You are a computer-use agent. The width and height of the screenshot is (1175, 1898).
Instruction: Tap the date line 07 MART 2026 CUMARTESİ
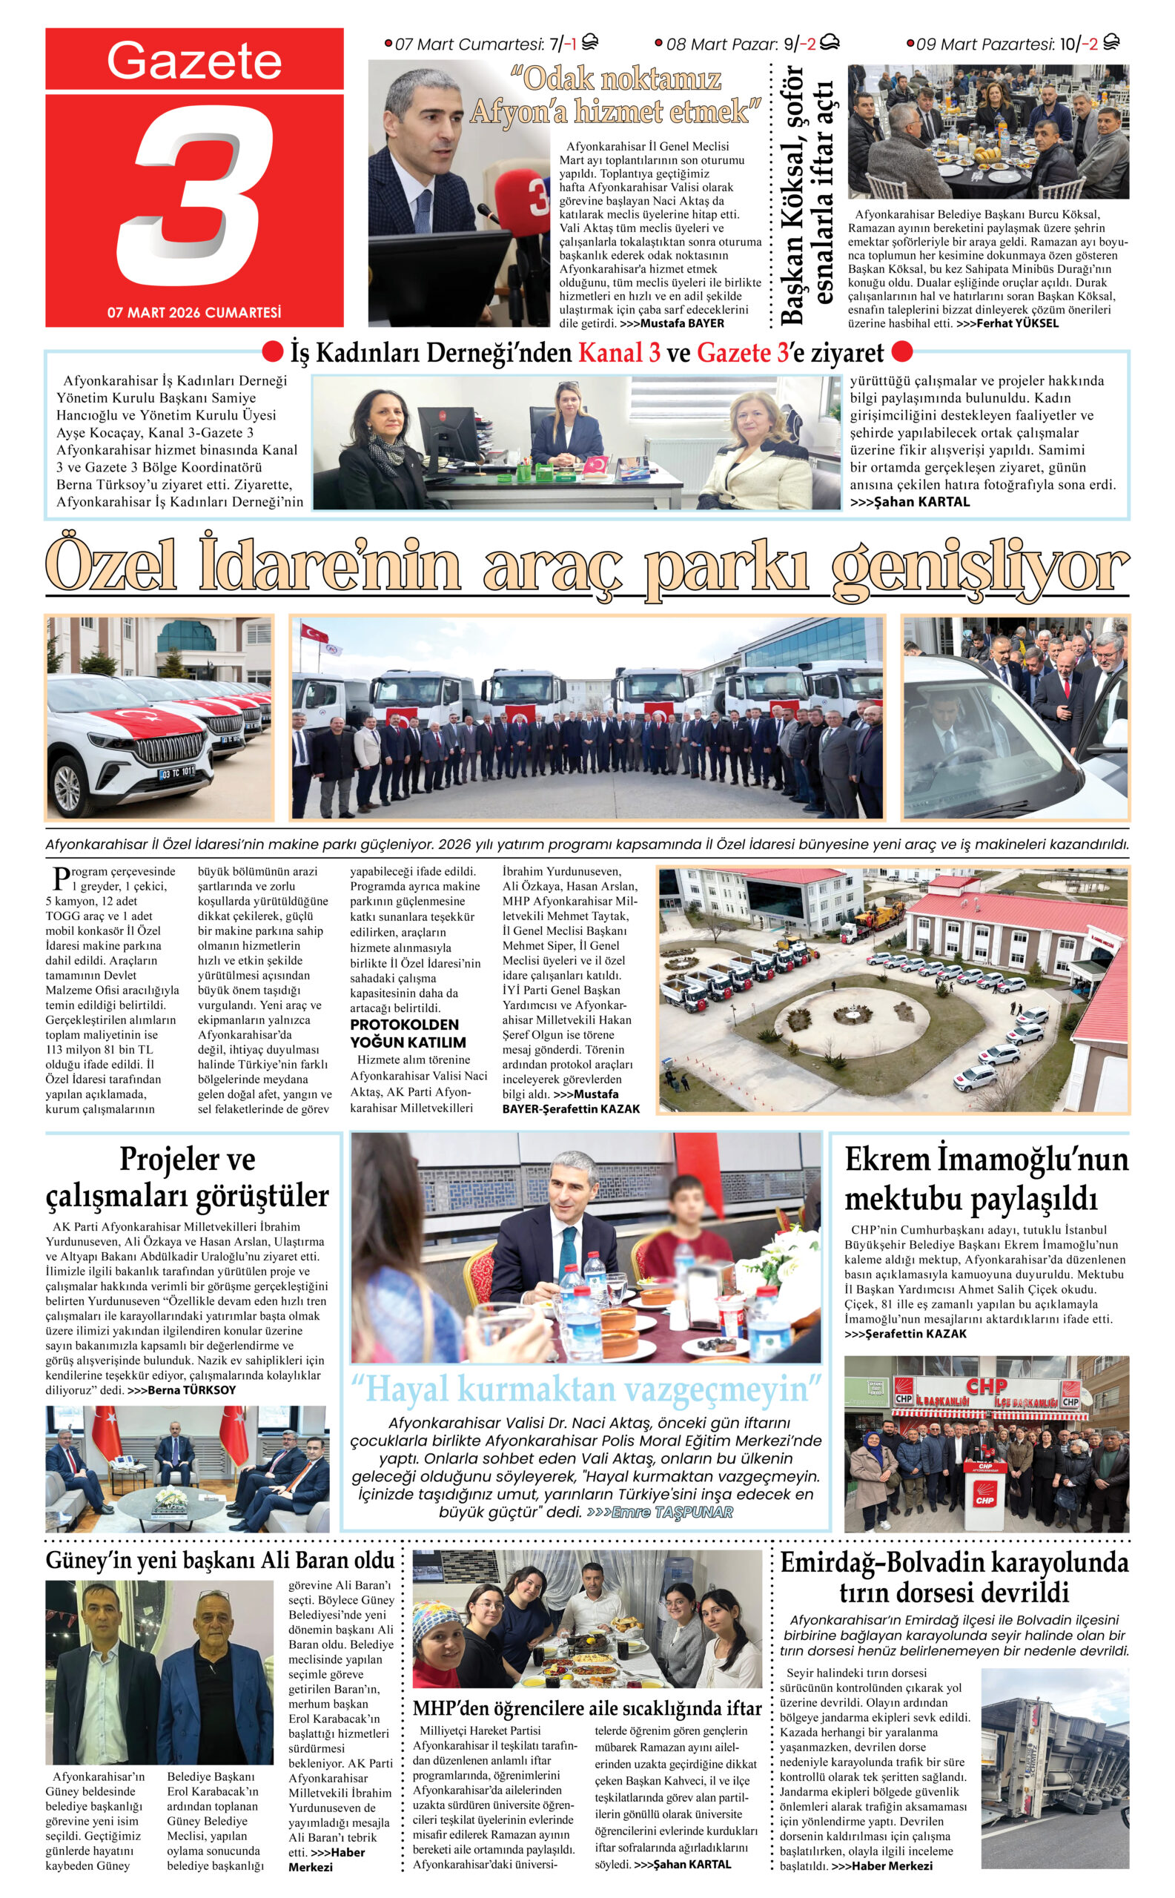(194, 312)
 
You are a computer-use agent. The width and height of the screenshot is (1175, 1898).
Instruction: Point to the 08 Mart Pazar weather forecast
(746, 44)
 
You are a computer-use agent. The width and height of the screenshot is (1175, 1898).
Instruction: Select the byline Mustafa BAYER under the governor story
(681, 323)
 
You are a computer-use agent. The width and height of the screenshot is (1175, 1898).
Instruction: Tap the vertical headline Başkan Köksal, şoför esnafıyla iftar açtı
(806, 194)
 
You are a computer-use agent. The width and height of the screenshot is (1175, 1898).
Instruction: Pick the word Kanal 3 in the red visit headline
(619, 353)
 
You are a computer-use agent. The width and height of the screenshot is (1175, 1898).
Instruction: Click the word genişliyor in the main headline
(979, 568)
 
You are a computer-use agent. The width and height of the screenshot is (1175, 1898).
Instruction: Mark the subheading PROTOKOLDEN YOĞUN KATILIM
(408, 1033)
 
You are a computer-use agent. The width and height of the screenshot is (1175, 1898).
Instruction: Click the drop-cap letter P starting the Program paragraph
(59, 879)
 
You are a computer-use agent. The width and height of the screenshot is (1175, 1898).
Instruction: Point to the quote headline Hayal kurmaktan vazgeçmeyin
(586, 1389)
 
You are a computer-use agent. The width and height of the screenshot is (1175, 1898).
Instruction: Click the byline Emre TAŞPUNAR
(672, 1512)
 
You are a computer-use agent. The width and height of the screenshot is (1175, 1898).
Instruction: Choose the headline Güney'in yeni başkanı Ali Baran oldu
(220, 1560)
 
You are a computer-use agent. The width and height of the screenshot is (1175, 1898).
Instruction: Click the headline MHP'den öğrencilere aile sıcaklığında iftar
(586, 1708)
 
